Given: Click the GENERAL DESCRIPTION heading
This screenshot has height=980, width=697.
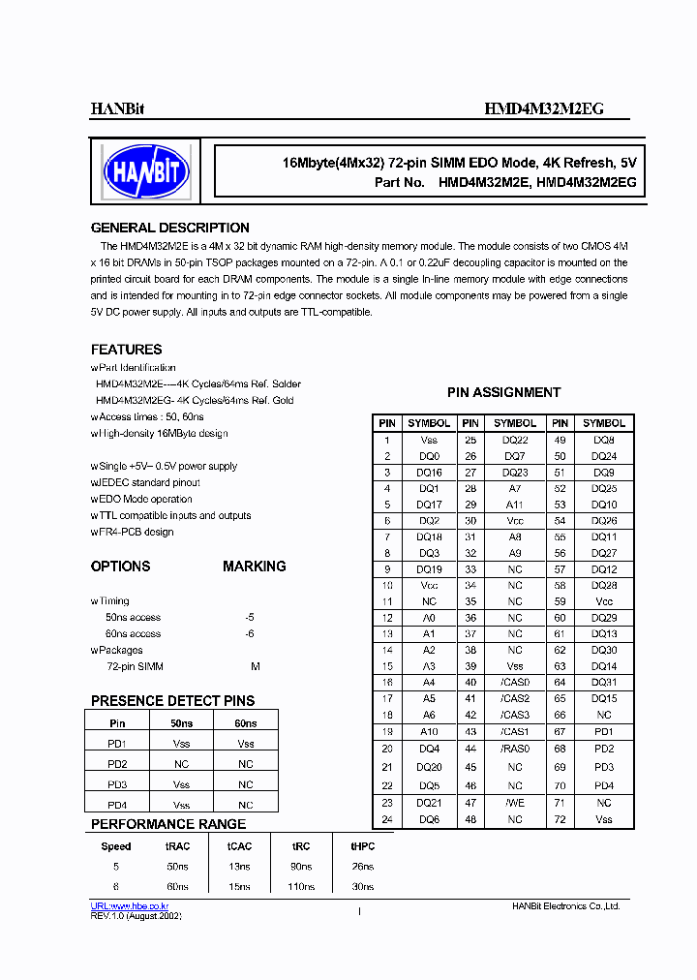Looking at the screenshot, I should (169, 229).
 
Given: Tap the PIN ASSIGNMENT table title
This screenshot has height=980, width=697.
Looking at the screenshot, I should (503, 393).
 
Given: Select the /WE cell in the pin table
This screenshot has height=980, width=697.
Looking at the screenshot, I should (515, 803).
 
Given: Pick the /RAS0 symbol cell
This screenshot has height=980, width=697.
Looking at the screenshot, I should (515, 749).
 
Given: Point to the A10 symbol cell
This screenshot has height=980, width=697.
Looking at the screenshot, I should (429, 732).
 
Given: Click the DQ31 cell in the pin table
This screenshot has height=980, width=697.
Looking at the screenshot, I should (604, 683).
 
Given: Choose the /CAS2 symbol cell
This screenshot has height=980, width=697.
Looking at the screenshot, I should (515, 699).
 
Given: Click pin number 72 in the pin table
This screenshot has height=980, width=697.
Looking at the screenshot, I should (560, 820).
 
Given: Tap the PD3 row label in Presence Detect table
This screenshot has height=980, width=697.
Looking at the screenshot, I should (117, 785).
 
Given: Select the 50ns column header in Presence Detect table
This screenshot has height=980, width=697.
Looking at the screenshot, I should (181, 723).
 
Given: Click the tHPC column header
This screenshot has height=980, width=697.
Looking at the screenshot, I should (362, 845).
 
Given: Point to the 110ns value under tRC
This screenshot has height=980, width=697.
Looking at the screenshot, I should (301, 887).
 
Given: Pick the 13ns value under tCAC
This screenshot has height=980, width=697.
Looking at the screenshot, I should (238, 867).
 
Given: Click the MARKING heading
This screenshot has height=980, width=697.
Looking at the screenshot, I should (254, 567).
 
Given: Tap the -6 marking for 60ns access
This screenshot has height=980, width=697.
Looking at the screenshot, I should (251, 634).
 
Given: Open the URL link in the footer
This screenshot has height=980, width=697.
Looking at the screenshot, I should (130, 905).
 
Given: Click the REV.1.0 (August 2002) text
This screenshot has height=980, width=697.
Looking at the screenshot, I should (136, 916).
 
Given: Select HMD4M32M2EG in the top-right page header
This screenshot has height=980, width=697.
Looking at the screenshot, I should (543, 109).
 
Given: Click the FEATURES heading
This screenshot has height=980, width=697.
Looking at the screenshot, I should (126, 350).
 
